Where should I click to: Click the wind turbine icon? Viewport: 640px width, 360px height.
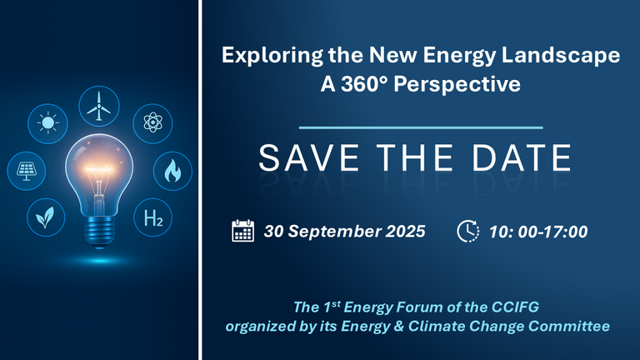click(99, 106)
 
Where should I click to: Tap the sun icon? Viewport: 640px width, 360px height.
click(47, 122)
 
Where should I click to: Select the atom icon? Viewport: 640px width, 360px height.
click(152, 123)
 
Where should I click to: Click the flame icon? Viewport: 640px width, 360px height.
click(172, 171)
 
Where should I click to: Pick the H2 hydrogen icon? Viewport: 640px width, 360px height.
click(153, 217)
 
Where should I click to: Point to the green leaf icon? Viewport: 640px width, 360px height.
click(46, 217)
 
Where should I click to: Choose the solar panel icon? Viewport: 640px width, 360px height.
click(26, 171)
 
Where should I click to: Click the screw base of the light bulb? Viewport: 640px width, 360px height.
click(99, 231)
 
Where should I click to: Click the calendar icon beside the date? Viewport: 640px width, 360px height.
click(242, 231)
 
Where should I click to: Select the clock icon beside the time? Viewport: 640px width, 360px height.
click(468, 231)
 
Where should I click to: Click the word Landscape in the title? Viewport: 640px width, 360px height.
click(561, 55)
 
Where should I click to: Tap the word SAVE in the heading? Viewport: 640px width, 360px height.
click(308, 157)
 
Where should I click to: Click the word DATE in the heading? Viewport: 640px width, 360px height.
click(521, 157)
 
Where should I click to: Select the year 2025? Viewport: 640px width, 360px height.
click(405, 232)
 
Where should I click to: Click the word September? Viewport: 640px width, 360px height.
click(335, 232)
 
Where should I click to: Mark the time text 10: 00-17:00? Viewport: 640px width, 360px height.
click(538, 232)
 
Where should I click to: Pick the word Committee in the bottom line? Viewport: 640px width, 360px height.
click(569, 326)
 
